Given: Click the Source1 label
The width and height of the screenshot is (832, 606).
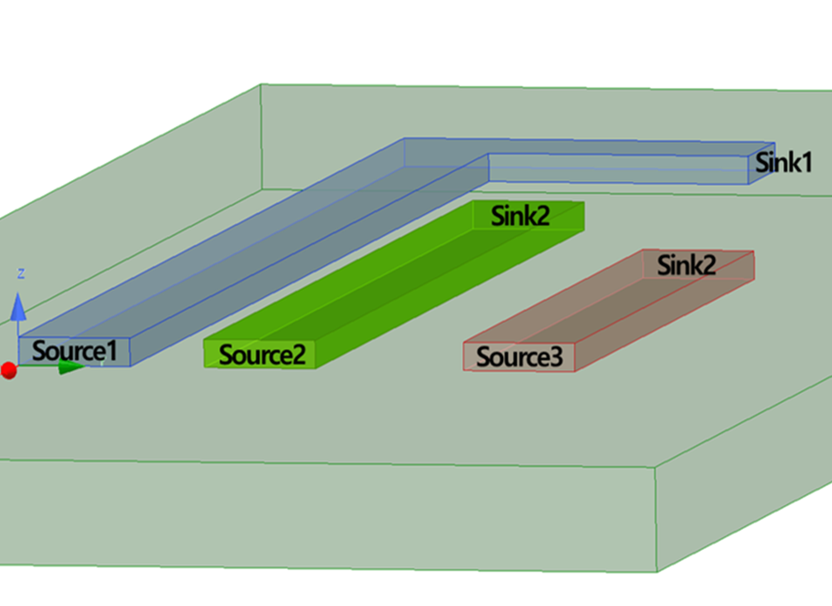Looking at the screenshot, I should (x=75, y=351).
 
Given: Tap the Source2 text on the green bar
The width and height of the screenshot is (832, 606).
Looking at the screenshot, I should (x=262, y=355).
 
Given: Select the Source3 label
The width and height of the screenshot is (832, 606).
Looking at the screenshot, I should (x=519, y=358).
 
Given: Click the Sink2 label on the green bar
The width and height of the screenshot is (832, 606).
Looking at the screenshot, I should (x=521, y=216).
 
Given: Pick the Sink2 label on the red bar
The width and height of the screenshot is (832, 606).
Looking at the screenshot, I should (x=687, y=264).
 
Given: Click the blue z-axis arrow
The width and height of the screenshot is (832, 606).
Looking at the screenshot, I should (x=19, y=307).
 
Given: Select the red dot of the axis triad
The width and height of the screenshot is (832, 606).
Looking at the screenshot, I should (x=8, y=370).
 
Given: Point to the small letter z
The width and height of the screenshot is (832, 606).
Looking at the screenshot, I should (x=20, y=273).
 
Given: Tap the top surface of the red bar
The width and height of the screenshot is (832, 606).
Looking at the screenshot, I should (x=612, y=307).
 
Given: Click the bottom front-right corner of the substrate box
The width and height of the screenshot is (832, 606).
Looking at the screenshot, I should (x=656, y=571).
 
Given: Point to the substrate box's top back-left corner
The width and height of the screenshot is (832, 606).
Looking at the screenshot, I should (x=262, y=85).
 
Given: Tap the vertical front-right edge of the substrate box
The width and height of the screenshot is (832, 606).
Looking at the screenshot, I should (x=656, y=519).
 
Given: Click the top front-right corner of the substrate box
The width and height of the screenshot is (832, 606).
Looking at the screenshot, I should (x=656, y=468).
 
